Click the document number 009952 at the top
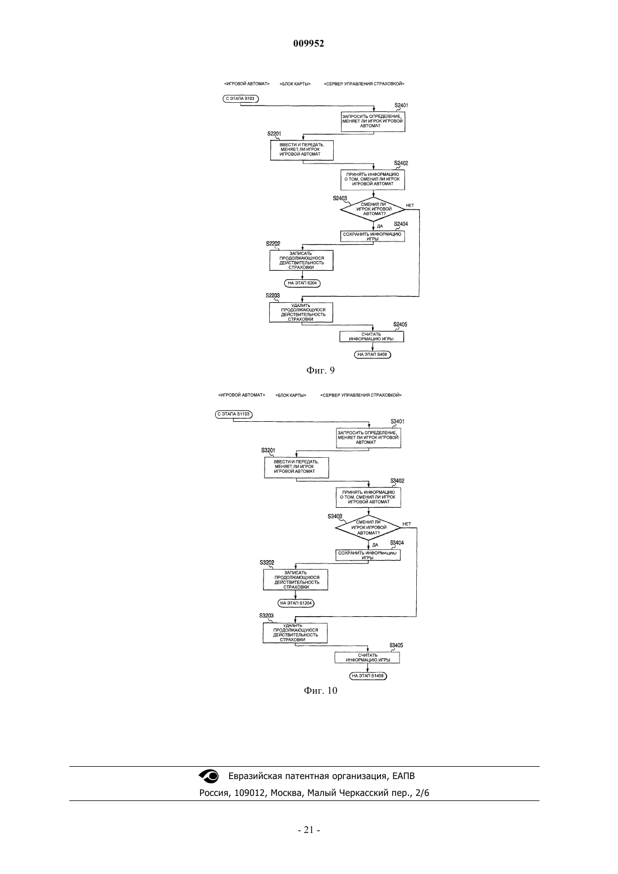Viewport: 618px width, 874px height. [308, 43]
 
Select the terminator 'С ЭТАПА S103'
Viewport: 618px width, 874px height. [240, 99]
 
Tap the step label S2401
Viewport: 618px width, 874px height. [401, 106]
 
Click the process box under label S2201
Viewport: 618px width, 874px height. [302, 150]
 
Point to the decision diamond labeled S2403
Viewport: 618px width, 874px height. [373, 210]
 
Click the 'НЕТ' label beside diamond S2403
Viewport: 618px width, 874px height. [410, 205]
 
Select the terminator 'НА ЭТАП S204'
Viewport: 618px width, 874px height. [302, 283]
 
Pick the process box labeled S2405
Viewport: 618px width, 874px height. [371, 336]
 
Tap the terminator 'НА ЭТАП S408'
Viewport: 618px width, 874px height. [372, 354]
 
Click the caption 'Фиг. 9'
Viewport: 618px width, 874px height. [320, 370]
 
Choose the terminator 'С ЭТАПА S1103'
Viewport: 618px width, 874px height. [234, 414]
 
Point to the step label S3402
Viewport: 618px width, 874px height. [397, 481]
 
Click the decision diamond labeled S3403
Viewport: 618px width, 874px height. [368, 527]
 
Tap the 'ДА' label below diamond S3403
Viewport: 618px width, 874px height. [375, 545]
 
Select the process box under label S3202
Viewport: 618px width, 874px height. [296, 580]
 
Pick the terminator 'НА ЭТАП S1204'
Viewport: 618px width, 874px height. [296, 603]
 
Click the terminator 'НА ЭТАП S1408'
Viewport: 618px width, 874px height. [368, 676]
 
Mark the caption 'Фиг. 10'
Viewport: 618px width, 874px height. [320, 691]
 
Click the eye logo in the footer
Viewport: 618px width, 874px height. [209, 776]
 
